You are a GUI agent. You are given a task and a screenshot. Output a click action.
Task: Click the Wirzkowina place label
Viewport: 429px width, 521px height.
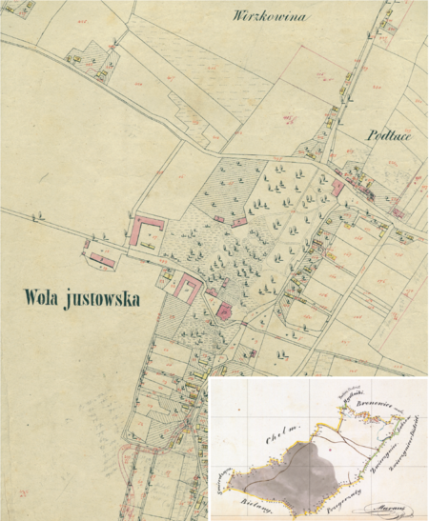[270, 17]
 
